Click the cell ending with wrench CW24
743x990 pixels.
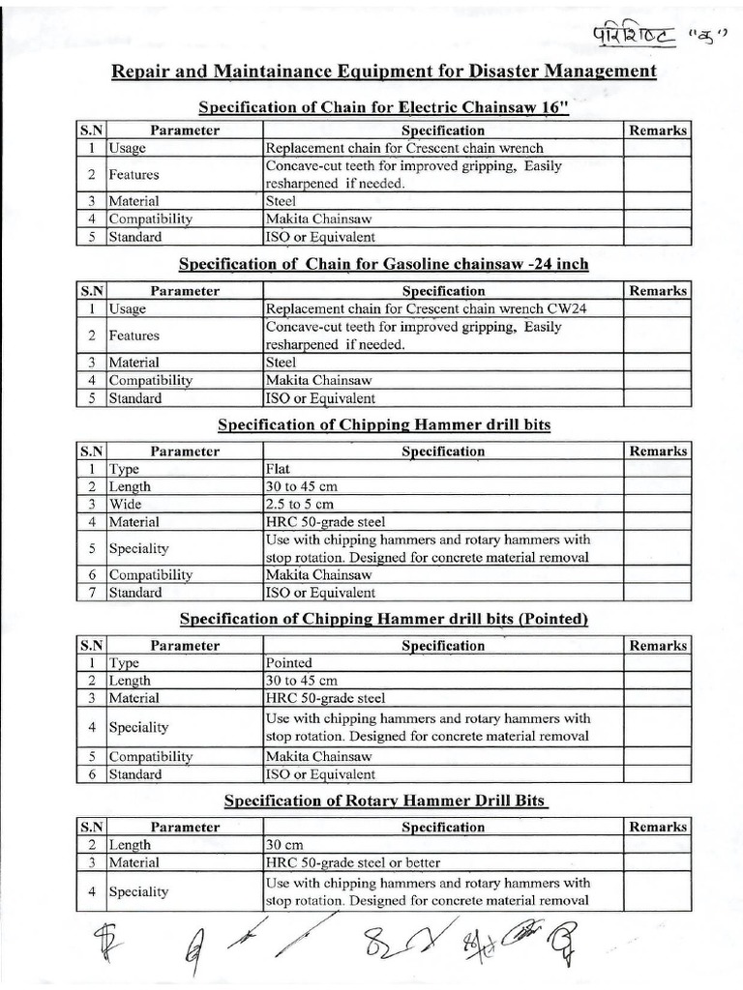click(x=442, y=309)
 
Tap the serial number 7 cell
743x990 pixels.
click(x=90, y=593)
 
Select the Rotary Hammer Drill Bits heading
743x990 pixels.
click(x=385, y=801)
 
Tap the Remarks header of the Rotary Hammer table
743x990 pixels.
click(x=658, y=827)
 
